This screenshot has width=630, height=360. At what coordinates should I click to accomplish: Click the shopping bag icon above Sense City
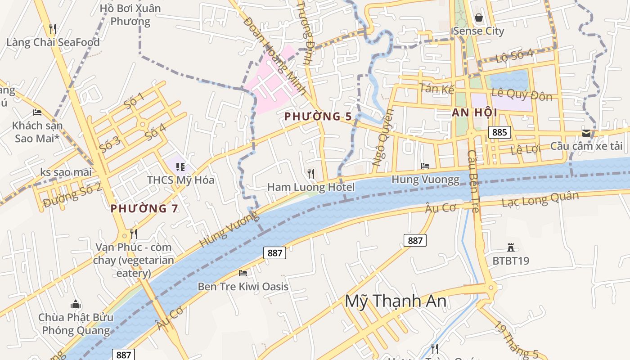coord(478,18)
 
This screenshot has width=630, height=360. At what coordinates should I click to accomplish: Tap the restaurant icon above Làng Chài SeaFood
coord(53,29)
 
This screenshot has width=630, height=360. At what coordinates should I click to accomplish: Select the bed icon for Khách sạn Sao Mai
coord(37,112)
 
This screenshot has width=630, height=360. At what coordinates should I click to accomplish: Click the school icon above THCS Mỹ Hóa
coord(180,167)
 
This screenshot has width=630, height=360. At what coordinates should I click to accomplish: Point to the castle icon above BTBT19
coord(510,247)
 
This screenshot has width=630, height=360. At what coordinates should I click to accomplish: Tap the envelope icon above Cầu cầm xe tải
coord(586,133)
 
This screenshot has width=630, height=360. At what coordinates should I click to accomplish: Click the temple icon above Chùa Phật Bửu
coord(76,304)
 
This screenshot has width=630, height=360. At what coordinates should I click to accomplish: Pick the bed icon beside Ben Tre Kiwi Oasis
coord(243,273)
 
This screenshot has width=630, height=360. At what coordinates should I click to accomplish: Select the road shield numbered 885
coord(499,132)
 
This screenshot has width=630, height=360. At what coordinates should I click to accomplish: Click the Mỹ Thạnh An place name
coord(396,301)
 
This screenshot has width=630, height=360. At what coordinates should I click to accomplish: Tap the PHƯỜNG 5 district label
coord(318,117)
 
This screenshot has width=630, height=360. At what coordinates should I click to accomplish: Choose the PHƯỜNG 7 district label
coord(144,208)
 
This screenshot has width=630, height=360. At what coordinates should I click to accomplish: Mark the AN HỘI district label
coord(474,113)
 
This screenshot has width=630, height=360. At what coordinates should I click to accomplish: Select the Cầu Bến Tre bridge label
coord(473,184)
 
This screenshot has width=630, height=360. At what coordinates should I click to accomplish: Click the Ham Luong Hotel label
coord(311,187)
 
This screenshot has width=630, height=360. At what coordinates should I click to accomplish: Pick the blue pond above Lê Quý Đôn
coord(509,80)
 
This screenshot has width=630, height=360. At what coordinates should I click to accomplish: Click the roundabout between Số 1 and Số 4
coord(143,124)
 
